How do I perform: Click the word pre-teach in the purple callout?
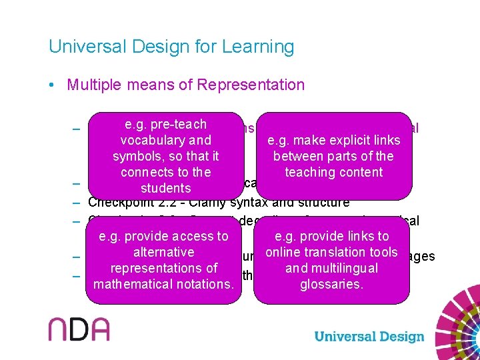tap(179, 124)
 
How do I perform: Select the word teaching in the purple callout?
tap(312, 172)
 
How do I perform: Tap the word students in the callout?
tap(166, 188)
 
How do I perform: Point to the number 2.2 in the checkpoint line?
tap(172, 203)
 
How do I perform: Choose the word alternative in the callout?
tap(163, 252)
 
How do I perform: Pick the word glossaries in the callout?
tap(331, 284)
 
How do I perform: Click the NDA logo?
tap(79, 330)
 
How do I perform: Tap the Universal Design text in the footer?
tap(369, 336)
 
